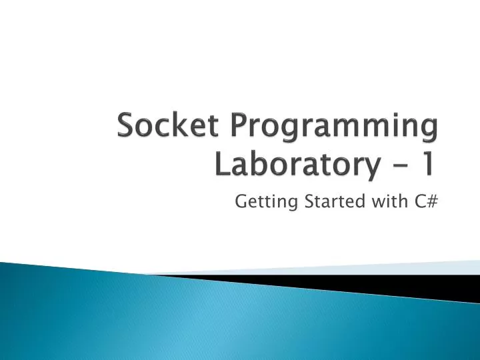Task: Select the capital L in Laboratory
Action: point(220,163)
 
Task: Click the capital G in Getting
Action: point(241,201)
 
